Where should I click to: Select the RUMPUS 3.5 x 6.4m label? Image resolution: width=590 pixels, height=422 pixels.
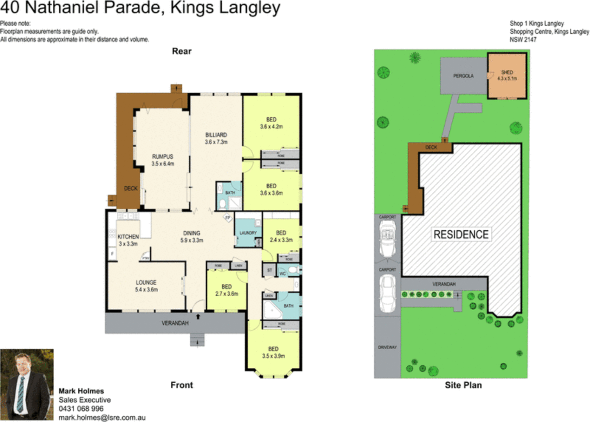(163, 160)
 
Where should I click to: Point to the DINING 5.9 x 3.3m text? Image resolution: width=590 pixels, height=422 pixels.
(191, 236)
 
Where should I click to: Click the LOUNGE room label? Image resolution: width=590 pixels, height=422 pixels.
(146, 286)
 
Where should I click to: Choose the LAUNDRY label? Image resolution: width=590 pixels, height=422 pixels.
(248, 233)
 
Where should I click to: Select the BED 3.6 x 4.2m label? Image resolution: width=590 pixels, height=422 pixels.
(271, 123)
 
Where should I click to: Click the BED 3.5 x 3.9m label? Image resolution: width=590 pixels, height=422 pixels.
(273, 352)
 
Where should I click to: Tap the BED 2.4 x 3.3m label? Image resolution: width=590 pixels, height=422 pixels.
(281, 236)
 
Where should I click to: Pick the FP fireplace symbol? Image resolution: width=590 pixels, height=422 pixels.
(228, 218)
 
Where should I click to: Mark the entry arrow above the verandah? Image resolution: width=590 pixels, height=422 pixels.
(198, 316)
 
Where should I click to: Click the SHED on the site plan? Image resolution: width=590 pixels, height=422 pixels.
(507, 75)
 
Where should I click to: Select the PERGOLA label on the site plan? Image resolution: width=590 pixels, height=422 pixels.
(463, 76)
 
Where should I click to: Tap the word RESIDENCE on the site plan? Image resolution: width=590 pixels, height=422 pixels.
(461, 234)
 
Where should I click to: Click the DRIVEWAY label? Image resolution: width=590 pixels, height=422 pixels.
(387, 347)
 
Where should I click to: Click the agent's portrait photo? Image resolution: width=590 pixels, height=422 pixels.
(27, 384)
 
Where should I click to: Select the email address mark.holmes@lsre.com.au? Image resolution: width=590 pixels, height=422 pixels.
(102, 417)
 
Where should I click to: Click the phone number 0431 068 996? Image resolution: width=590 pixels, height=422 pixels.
(81, 408)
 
